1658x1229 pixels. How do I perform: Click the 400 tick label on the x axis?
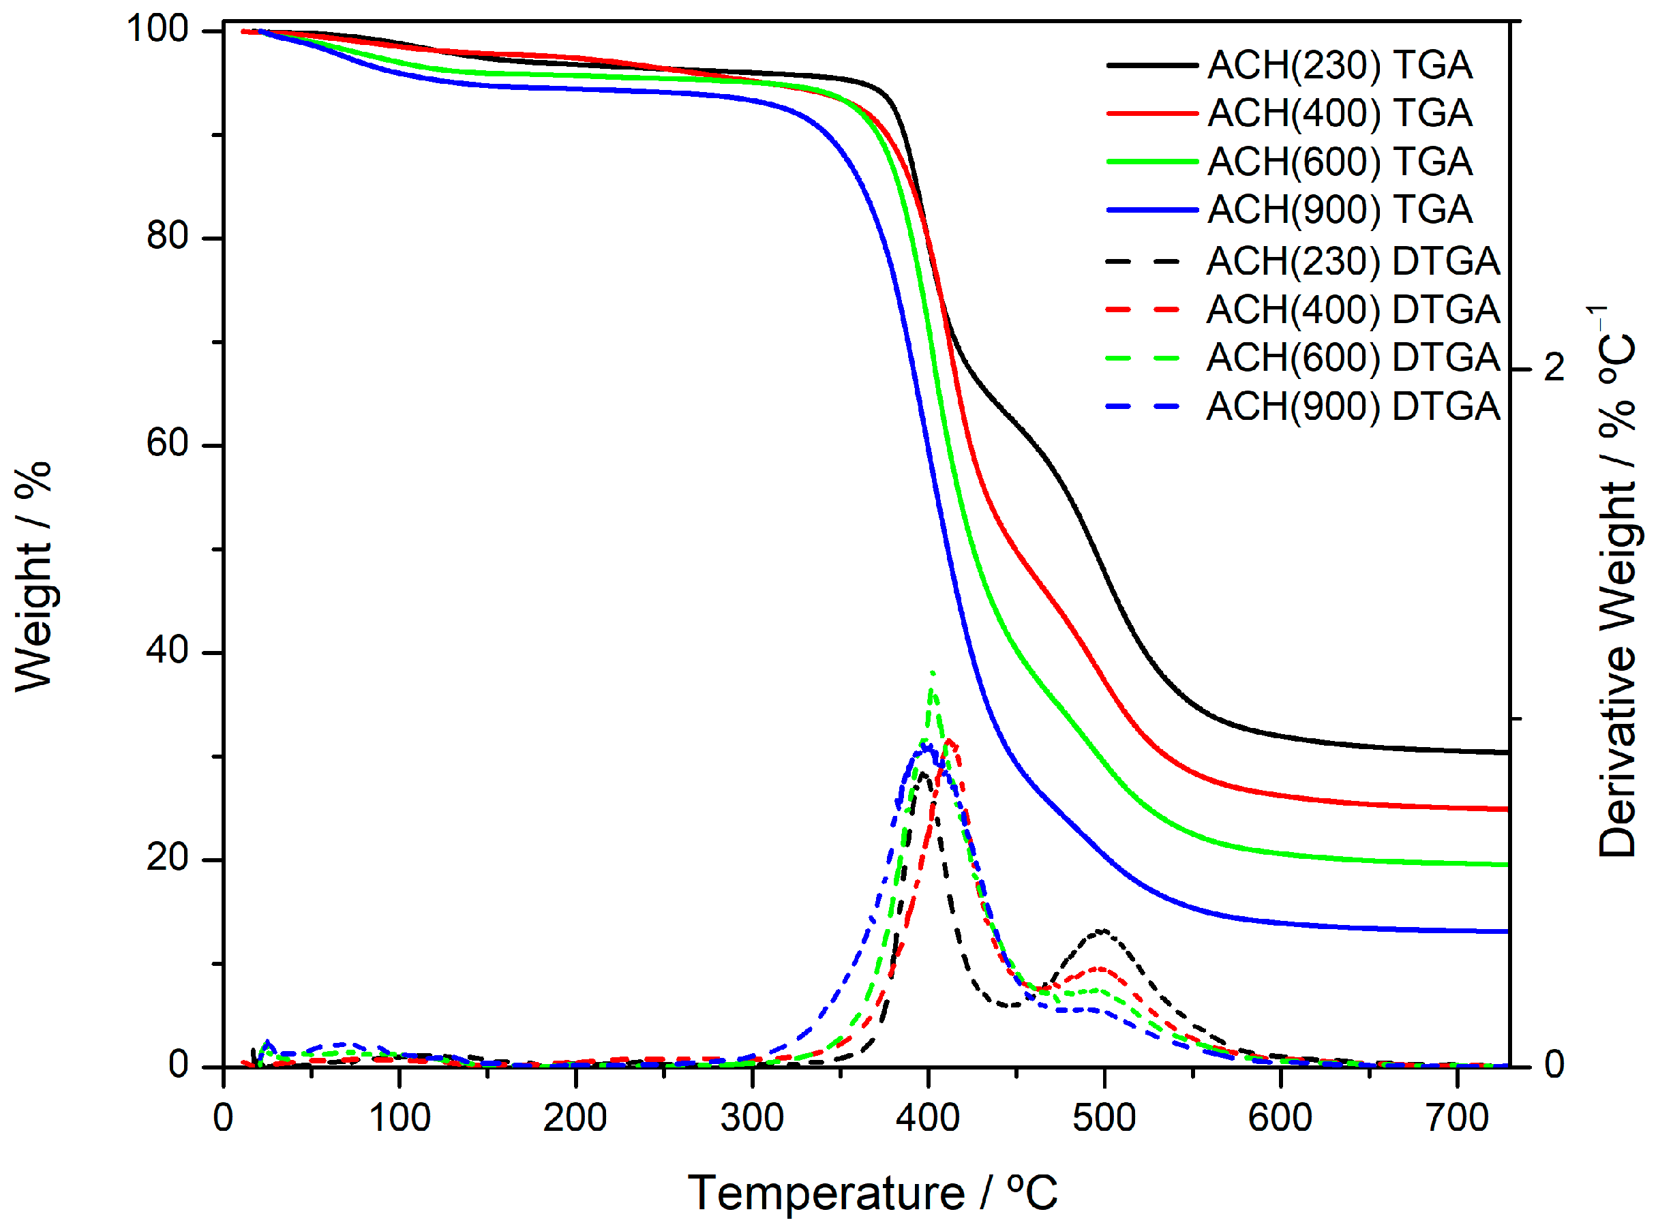coord(927,1118)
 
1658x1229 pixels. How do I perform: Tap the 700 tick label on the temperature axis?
coord(1456,1118)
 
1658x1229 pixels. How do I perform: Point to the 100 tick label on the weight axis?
coord(157,30)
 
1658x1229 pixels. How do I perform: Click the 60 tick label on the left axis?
coord(167,444)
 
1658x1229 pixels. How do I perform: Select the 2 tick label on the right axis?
coord(1554,367)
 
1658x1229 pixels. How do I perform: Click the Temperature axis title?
coord(871,1194)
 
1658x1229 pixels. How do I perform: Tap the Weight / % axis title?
coord(33,577)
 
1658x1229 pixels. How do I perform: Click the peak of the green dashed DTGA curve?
coord(932,672)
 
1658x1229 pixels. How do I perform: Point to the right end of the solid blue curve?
coord(1506,931)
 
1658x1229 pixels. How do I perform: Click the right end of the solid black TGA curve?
coord(1506,753)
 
